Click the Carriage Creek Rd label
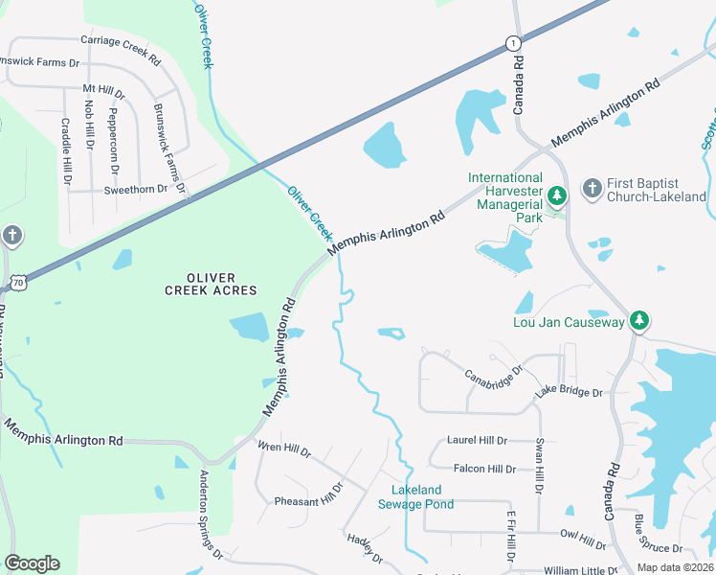(120, 48)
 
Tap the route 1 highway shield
(513, 43)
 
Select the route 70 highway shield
(18, 282)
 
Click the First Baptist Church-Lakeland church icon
(593, 189)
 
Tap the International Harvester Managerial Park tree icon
(557, 195)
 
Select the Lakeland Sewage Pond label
(415, 496)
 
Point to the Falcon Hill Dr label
(484, 469)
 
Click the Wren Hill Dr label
(284, 448)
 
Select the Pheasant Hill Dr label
(308, 496)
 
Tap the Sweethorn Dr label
(135, 190)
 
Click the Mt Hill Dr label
(104, 91)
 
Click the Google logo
(32, 563)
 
